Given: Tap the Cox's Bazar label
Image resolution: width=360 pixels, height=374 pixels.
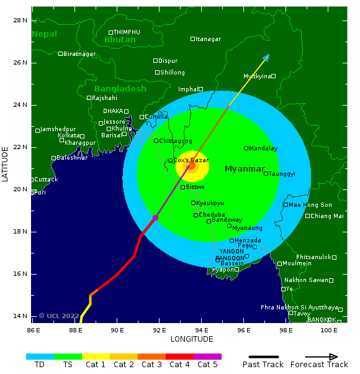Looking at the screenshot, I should [191, 160].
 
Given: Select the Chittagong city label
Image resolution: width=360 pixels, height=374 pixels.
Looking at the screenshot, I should [176, 141].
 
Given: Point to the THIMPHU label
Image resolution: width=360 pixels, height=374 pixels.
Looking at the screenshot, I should [127, 32].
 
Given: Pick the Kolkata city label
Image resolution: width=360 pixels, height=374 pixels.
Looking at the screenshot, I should [68, 135].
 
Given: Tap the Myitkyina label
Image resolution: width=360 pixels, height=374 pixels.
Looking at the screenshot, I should [257, 76].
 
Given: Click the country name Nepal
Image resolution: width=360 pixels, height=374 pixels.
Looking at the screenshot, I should [44, 34].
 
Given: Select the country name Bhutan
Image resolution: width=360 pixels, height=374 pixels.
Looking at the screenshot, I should [120, 40].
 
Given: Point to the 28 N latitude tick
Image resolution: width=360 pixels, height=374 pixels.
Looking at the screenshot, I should [20, 21].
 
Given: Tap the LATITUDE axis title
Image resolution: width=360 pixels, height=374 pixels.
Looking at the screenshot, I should [6, 164].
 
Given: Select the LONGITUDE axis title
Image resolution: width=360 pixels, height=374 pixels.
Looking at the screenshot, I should [192, 339].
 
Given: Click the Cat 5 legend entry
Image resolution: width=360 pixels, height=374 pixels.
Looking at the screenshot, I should [207, 365].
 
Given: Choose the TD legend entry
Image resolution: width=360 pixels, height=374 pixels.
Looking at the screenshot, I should [40, 365].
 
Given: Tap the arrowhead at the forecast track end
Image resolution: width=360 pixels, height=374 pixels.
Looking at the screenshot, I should [266, 57].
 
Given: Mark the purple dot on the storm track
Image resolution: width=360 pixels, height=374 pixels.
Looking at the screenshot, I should [155, 217].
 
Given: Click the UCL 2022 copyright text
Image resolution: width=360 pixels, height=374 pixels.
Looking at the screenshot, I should [59, 316].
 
